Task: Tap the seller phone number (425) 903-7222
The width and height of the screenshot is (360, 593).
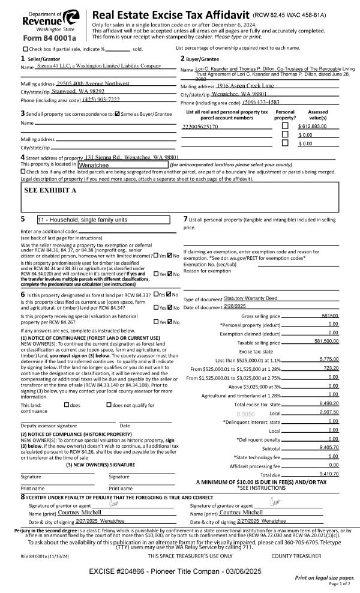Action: pos(101,99)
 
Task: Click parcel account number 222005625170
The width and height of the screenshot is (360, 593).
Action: pos(200,127)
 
